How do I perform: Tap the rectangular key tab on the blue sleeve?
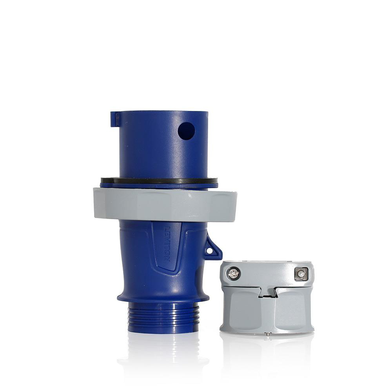115,119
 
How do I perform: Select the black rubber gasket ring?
159,180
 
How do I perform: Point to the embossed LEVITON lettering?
167,244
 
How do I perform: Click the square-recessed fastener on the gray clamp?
301,274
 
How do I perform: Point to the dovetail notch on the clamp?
267,292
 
